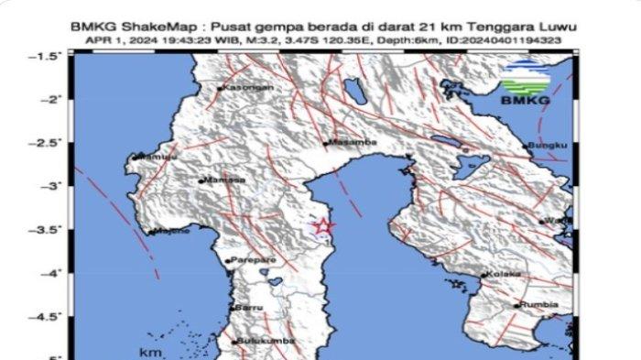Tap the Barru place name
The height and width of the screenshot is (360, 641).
coord(250,309)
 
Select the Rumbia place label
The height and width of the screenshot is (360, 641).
coord(537,305)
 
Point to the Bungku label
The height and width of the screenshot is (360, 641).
coord(550,146)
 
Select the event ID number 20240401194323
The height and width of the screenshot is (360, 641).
coord(505,41)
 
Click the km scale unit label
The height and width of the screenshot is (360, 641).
coord(150,351)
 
